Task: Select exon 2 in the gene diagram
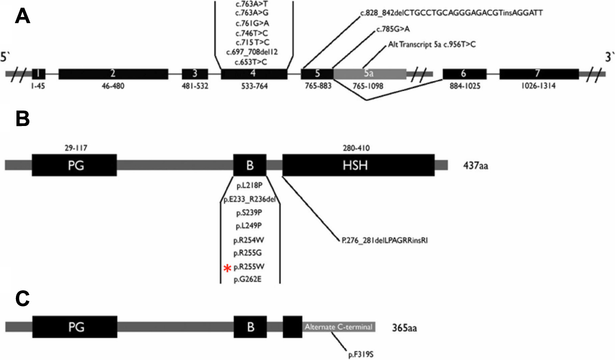(x=112, y=74)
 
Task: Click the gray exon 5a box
(x=369, y=74)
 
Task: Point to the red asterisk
(x=227, y=267)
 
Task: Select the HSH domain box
(x=358, y=165)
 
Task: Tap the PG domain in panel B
(x=74, y=165)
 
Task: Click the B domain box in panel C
(x=250, y=327)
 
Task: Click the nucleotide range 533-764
(x=254, y=86)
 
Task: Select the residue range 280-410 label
(x=357, y=148)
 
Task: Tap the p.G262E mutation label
(x=249, y=279)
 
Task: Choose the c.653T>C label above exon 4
(x=254, y=62)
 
